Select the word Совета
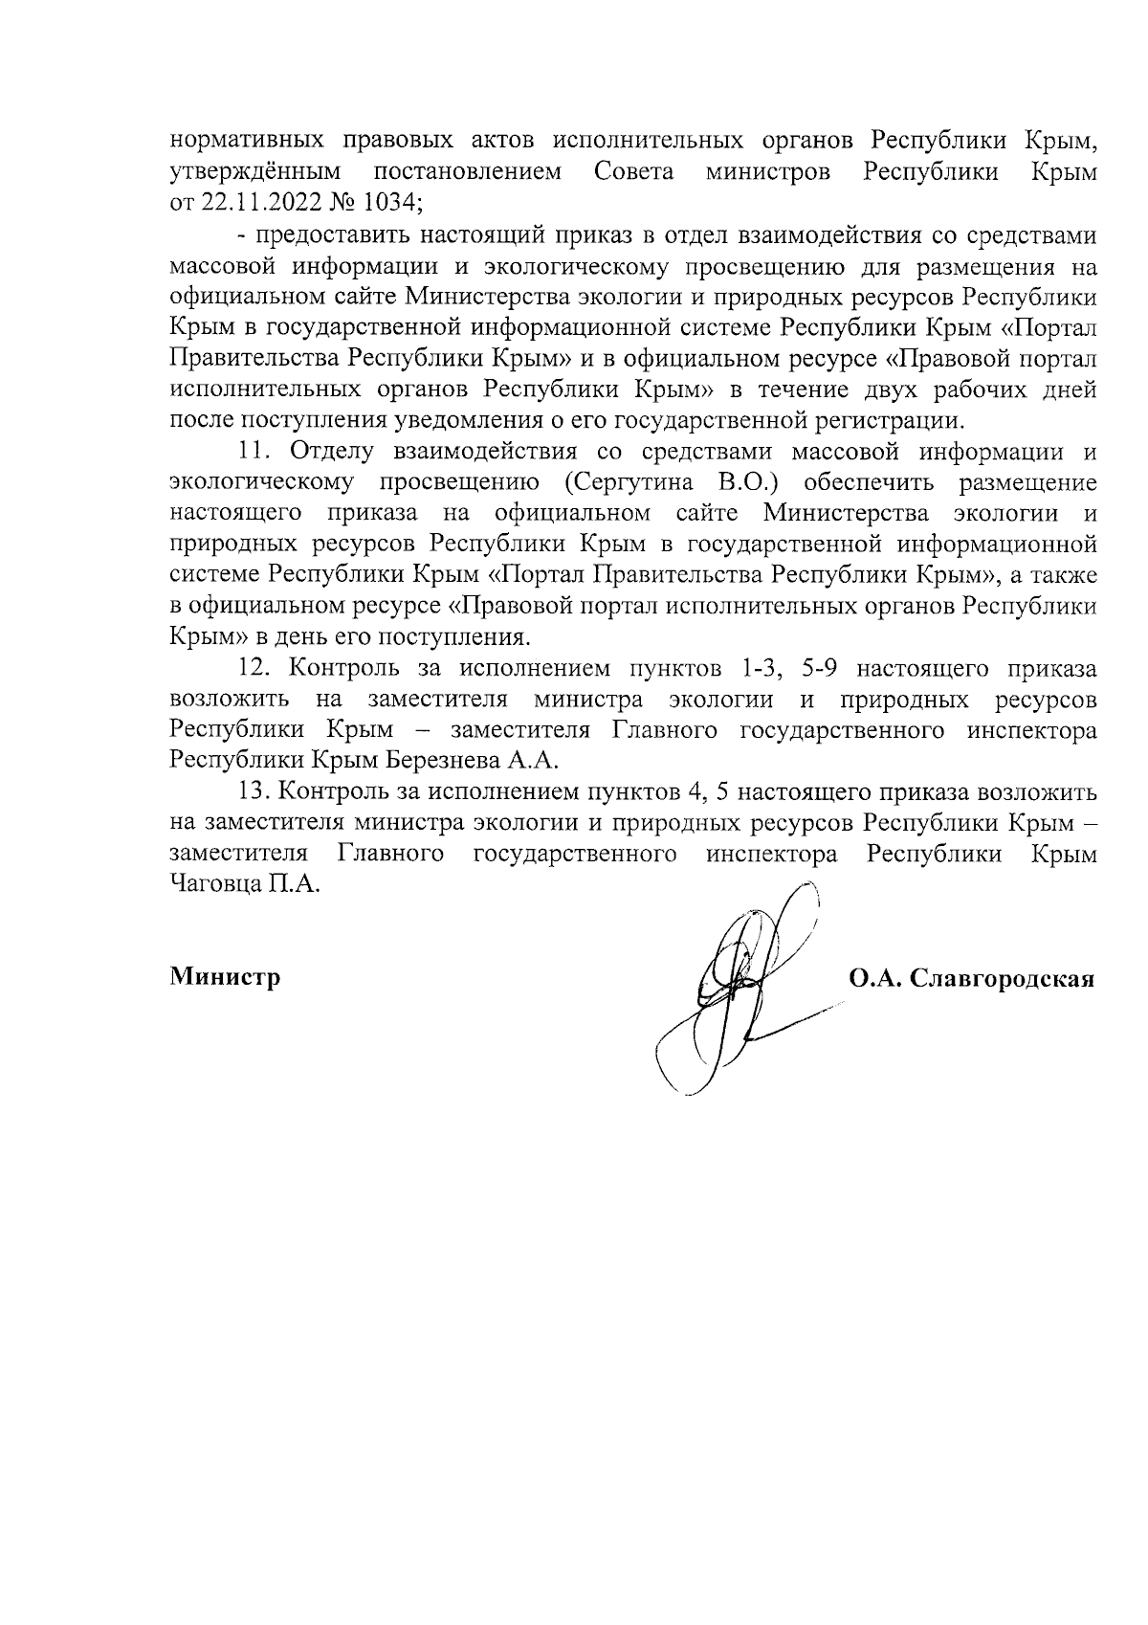(x=633, y=172)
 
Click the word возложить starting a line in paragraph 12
(x=230, y=699)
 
